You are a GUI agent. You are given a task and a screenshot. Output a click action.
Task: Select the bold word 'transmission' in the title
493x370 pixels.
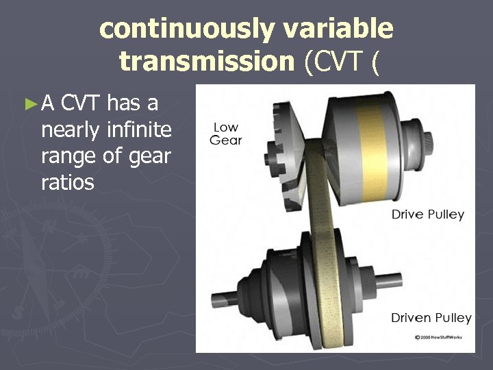(x=206, y=62)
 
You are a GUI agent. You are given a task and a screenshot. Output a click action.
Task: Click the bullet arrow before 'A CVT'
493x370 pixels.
(x=29, y=104)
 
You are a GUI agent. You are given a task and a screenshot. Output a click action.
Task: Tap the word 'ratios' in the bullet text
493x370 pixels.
(x=68, y=182)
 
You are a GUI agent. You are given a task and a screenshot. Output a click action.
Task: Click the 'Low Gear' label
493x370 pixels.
(x=226, y=134)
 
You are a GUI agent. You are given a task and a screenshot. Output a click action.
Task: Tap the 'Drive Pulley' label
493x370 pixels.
(x=427, y=214)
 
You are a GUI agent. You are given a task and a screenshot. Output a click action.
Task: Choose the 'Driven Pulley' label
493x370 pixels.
(x=431, y=317)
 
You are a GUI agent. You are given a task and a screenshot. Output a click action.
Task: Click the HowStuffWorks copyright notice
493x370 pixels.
(x=440, y=337)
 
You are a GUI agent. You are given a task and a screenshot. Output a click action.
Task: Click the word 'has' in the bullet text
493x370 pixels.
(x=124, y=103)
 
